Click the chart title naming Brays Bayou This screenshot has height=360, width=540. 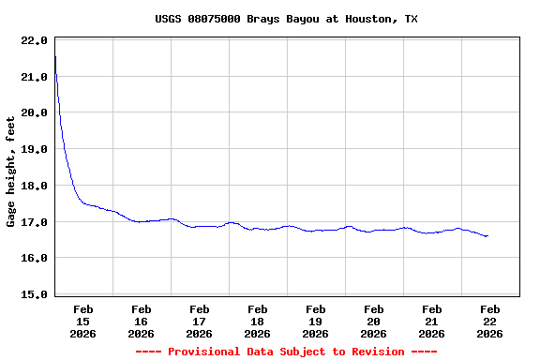coord(286,19)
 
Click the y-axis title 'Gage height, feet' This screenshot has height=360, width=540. coord(11,172)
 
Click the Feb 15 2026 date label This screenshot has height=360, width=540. coord(83,321)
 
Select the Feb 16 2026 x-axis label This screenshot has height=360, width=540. coord(142,321)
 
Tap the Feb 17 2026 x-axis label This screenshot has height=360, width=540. coord(200,321)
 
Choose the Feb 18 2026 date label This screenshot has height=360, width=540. coord(258,321)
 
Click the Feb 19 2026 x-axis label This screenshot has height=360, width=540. coord(316,321)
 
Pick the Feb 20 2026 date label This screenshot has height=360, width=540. coord(374,321)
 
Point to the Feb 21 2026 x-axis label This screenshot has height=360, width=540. coord(432,321)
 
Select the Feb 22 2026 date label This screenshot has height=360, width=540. coord(490,321)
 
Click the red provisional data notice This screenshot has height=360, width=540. coord(286,352)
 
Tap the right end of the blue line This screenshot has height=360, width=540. coord(487,236)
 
